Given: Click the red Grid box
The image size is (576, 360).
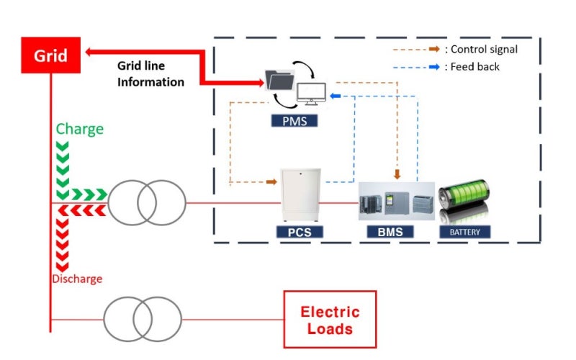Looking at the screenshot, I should [x=53, y=54].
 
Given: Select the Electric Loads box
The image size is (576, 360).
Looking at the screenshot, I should [x=330, y=320].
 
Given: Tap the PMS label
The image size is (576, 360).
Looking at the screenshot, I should [x=294, y=121].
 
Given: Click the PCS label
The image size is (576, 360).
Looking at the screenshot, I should [x=300, y=232].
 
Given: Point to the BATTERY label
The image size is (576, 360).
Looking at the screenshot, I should [x=464, y=232].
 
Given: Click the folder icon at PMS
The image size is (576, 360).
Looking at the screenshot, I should [x=279, y=78].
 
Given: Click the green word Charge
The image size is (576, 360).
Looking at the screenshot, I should [x=80, y=130].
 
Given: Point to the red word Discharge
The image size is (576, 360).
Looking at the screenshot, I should [x=76, y=279].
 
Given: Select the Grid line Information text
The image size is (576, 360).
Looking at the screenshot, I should [x=150, y=73].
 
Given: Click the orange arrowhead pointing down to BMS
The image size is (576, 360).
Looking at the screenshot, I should [x=397, y=174].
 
